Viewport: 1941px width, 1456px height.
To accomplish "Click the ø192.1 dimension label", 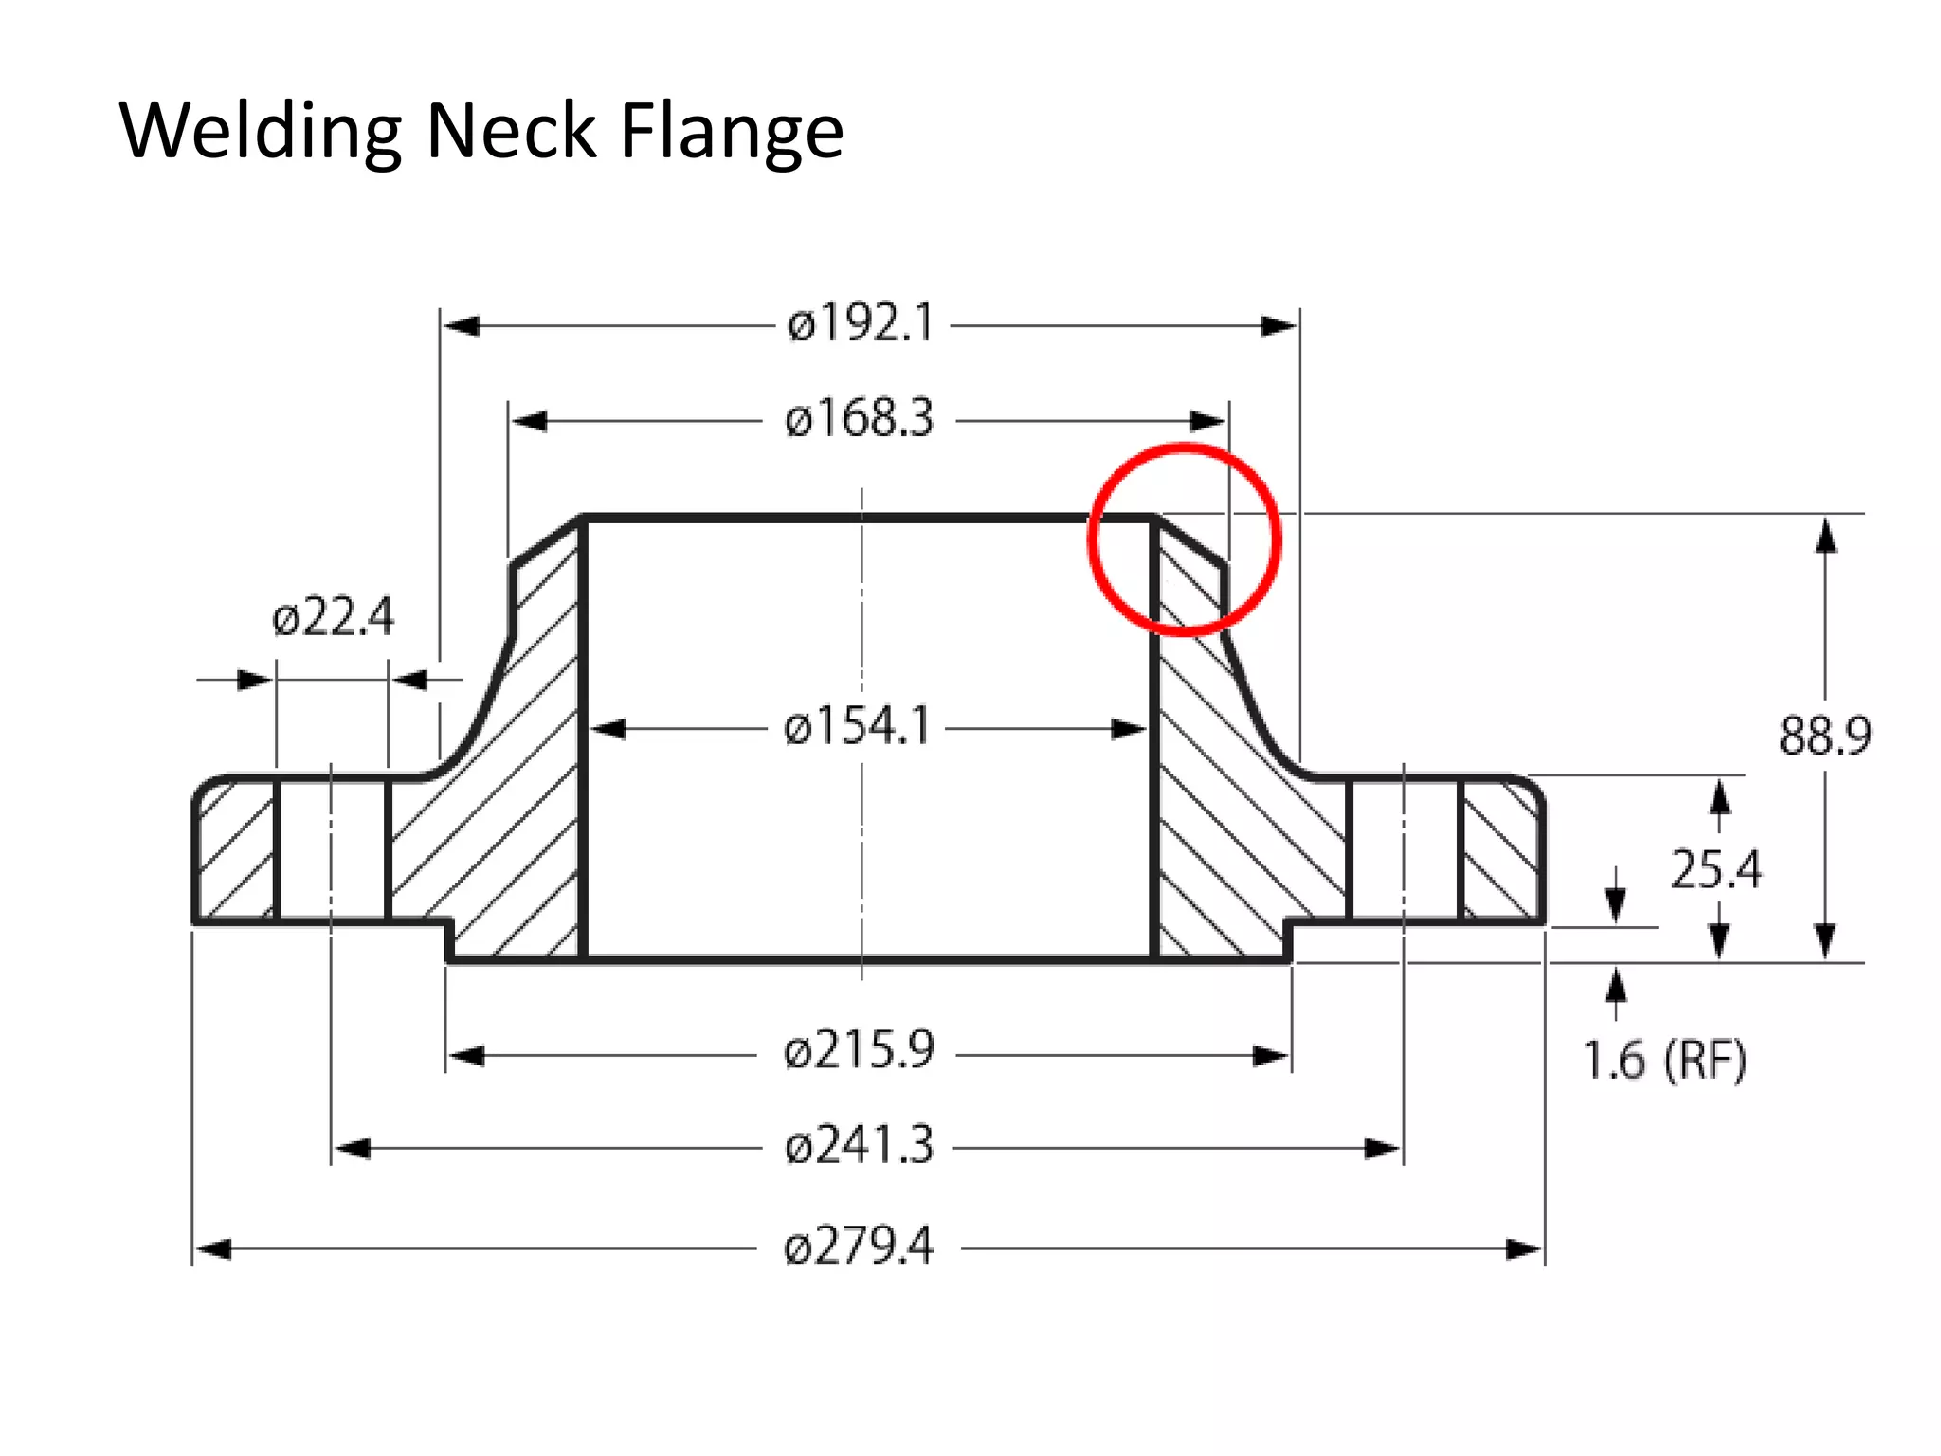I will point(861,324).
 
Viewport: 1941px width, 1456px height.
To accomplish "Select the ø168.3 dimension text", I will point(860,419).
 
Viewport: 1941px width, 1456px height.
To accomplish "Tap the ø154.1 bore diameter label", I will point(858,727).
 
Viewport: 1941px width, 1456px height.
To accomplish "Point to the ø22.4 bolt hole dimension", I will point(333,618).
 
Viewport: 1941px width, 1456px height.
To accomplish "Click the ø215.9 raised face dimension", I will point(860,1051).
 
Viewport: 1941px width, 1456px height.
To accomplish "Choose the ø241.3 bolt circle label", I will point(860,1145).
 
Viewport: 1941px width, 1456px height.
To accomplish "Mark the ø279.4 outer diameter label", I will point(860,1246).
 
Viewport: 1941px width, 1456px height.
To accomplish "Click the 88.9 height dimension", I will point(1824,736).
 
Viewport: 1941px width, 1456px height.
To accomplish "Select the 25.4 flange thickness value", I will point(1715,869).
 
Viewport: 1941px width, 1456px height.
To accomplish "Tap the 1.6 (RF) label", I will point(1664,1060).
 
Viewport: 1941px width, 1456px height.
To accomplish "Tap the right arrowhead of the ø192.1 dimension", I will point(1279,326).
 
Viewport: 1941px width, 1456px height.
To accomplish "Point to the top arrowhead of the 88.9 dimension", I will point(1825,536).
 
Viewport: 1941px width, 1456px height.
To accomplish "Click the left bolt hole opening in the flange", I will point(332,849).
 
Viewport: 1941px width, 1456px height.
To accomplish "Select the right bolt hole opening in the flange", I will point(1404,849).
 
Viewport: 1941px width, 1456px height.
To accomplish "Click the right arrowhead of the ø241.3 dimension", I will point(1383,1149).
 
